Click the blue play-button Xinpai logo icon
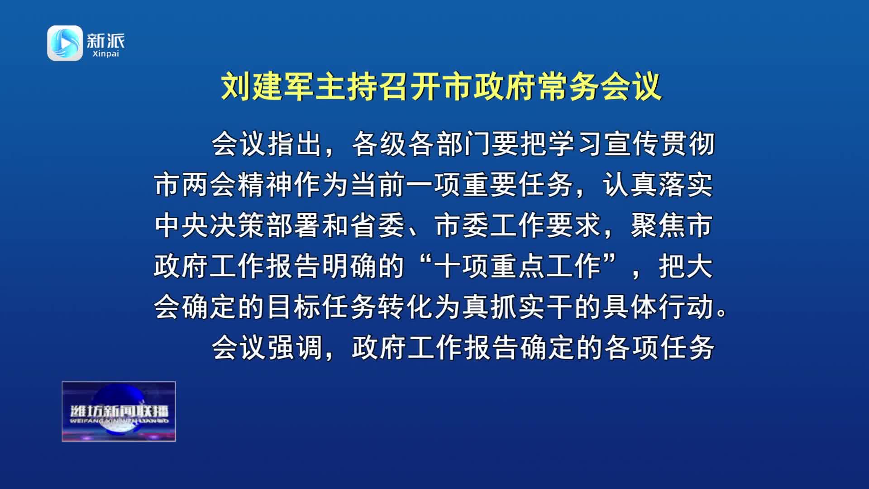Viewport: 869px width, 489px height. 65,43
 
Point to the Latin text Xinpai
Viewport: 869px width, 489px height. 105,54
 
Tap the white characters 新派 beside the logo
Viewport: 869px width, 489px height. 105,41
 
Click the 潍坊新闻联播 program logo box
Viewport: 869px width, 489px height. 119,411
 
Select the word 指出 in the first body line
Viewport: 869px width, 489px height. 296,144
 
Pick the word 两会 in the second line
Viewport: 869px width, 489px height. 210,185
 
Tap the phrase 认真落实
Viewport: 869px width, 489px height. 658,185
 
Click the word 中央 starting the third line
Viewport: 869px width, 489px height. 181,225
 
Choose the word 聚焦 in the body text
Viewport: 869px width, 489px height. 658,225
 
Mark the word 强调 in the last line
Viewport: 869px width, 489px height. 296,347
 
